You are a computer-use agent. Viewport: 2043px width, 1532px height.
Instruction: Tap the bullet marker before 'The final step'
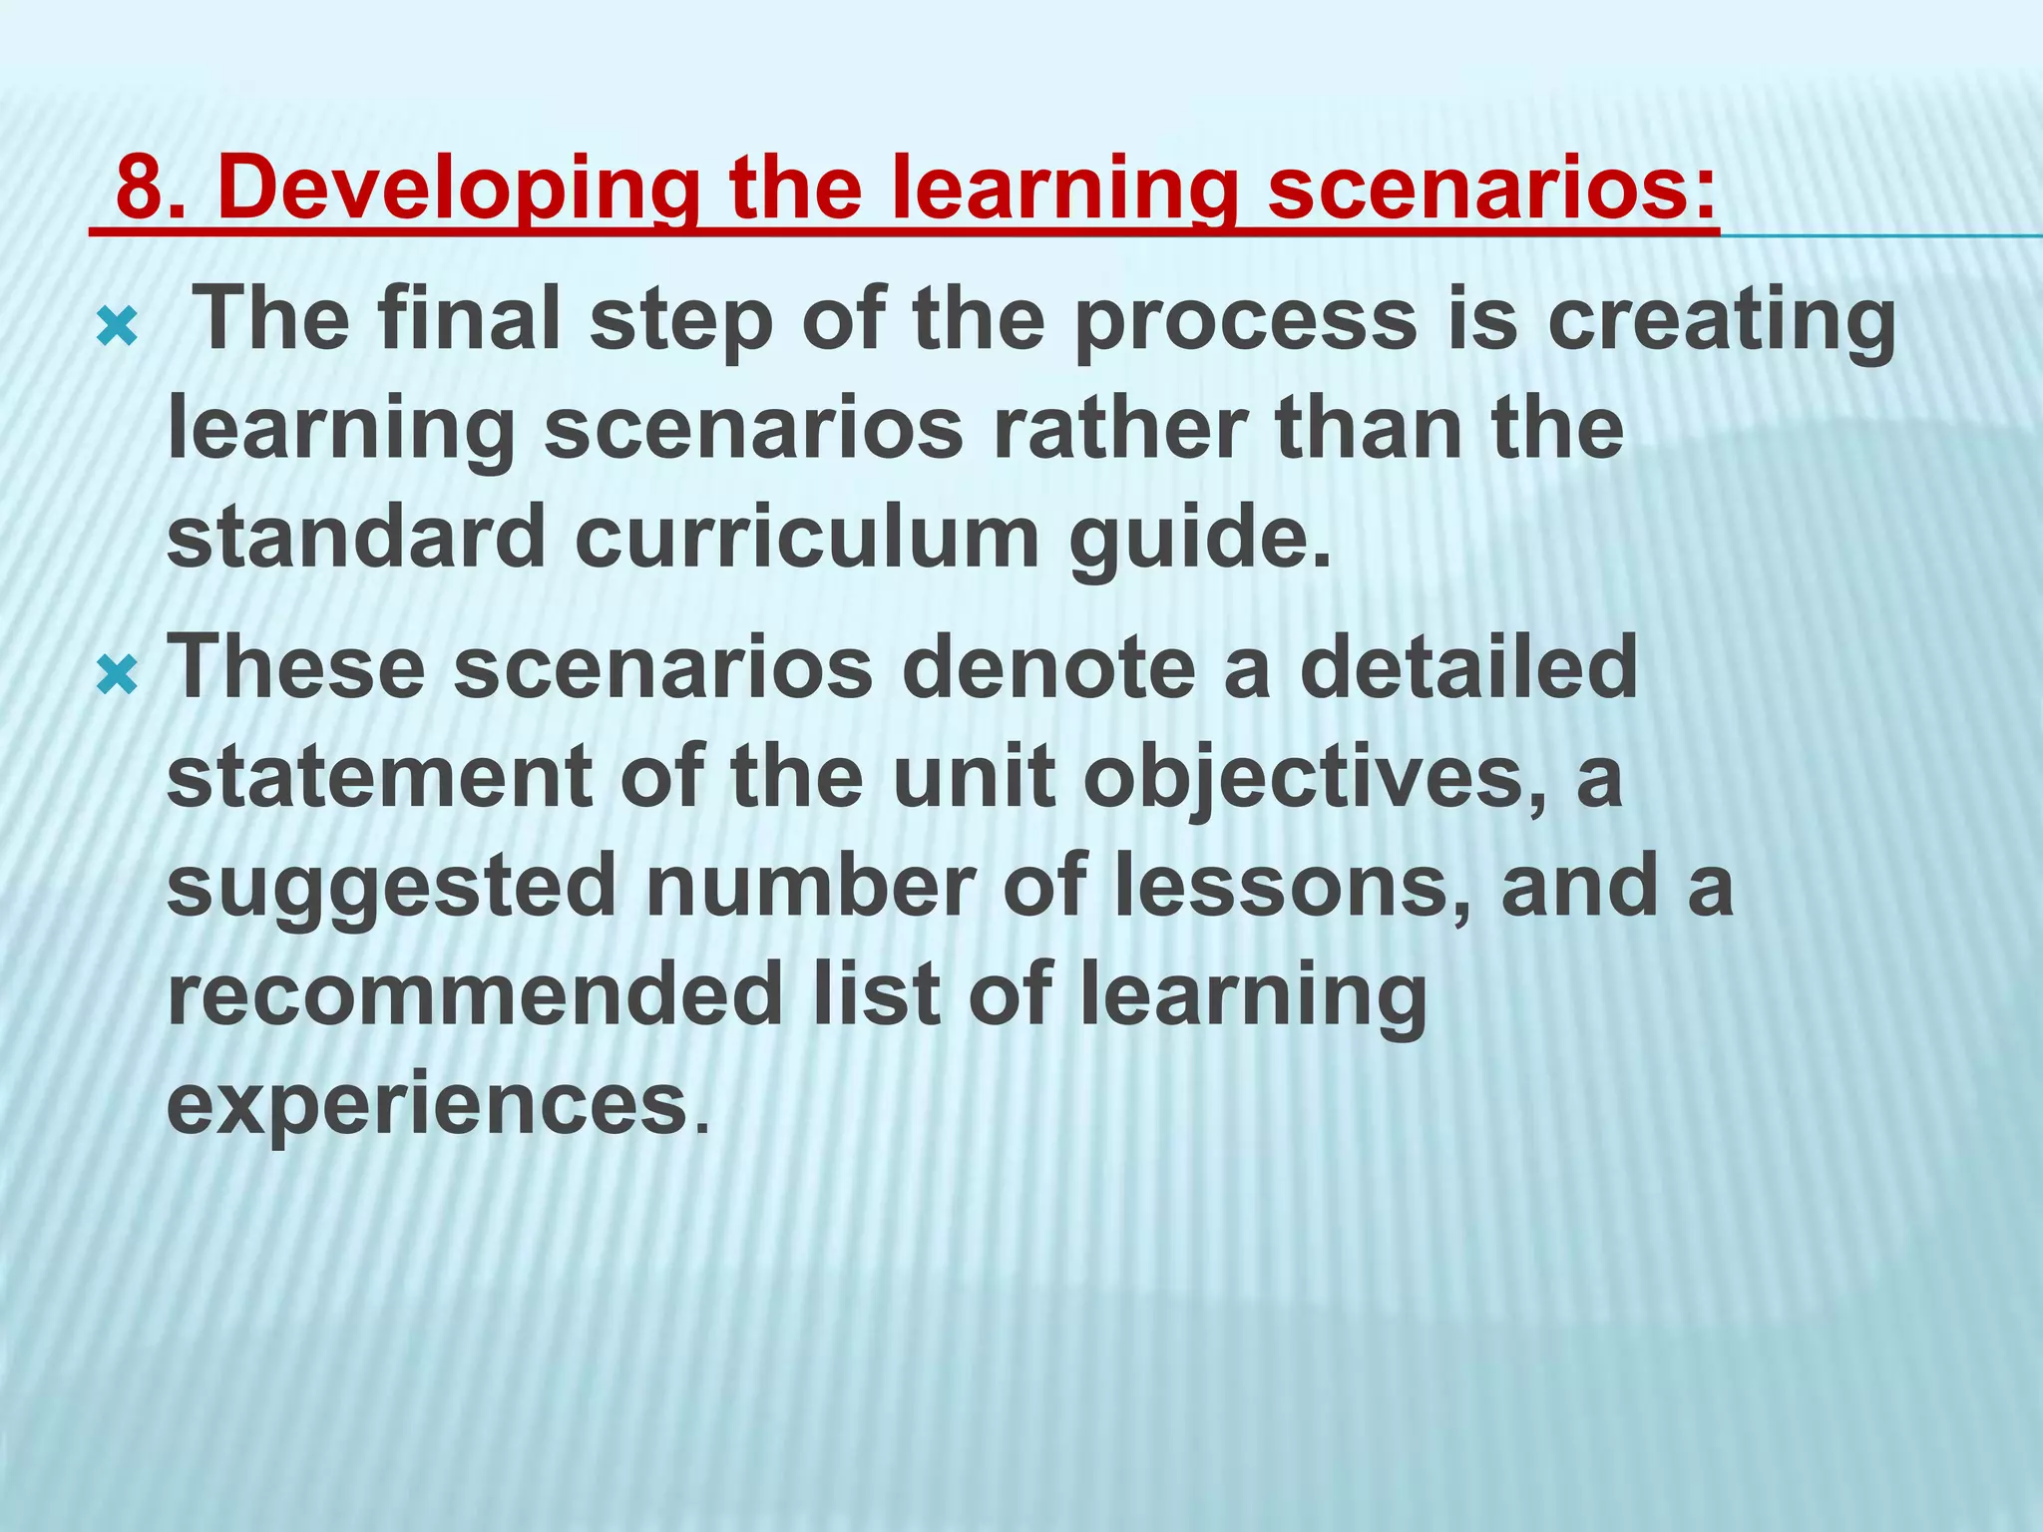[116, 327]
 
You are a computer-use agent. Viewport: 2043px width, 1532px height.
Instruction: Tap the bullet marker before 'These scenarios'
[116, 677]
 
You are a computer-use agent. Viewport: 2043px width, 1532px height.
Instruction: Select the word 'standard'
[355, 538]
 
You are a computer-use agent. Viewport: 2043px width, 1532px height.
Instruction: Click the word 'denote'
[1047, 667]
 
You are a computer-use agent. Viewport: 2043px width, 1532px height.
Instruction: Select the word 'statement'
[379, 777]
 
